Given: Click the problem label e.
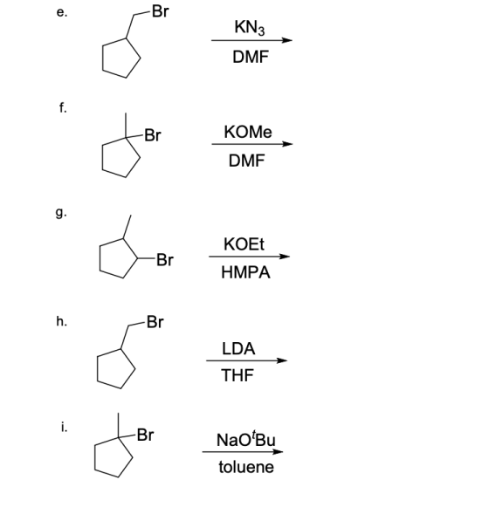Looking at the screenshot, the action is (x=62, y=12).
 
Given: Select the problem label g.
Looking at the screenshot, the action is (x=61, y=213).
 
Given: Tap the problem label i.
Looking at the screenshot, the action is (x=64, y=428).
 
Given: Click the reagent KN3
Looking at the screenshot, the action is (x=250, y=27).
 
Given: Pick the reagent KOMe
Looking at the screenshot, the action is (x=248, y=132).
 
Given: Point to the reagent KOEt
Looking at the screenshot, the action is (x=244, y=244).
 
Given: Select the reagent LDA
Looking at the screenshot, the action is (x=238, y=348).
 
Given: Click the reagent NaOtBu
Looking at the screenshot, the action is (x=246, y=439).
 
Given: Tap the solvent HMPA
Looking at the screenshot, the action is (x=245, y=272).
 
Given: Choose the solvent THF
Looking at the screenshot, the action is (x=238, y=375).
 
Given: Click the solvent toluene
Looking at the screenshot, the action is (x=246, y=467).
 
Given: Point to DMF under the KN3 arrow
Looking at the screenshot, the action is (x=251, y=57).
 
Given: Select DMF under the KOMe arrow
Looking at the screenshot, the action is (x=246, y=161).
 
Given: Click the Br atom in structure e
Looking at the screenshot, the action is (x=160, y=11).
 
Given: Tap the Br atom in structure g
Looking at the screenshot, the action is (x=165, y=259).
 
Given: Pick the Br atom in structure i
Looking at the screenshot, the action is (x=145, y=435).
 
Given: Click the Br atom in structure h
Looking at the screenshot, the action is (x=155, y=322).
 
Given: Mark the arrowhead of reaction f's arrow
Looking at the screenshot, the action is (x=287, y=144).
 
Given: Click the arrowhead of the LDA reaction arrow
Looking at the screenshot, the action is (x=282, y=360).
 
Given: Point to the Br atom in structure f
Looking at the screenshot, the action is (x=153, y=135).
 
